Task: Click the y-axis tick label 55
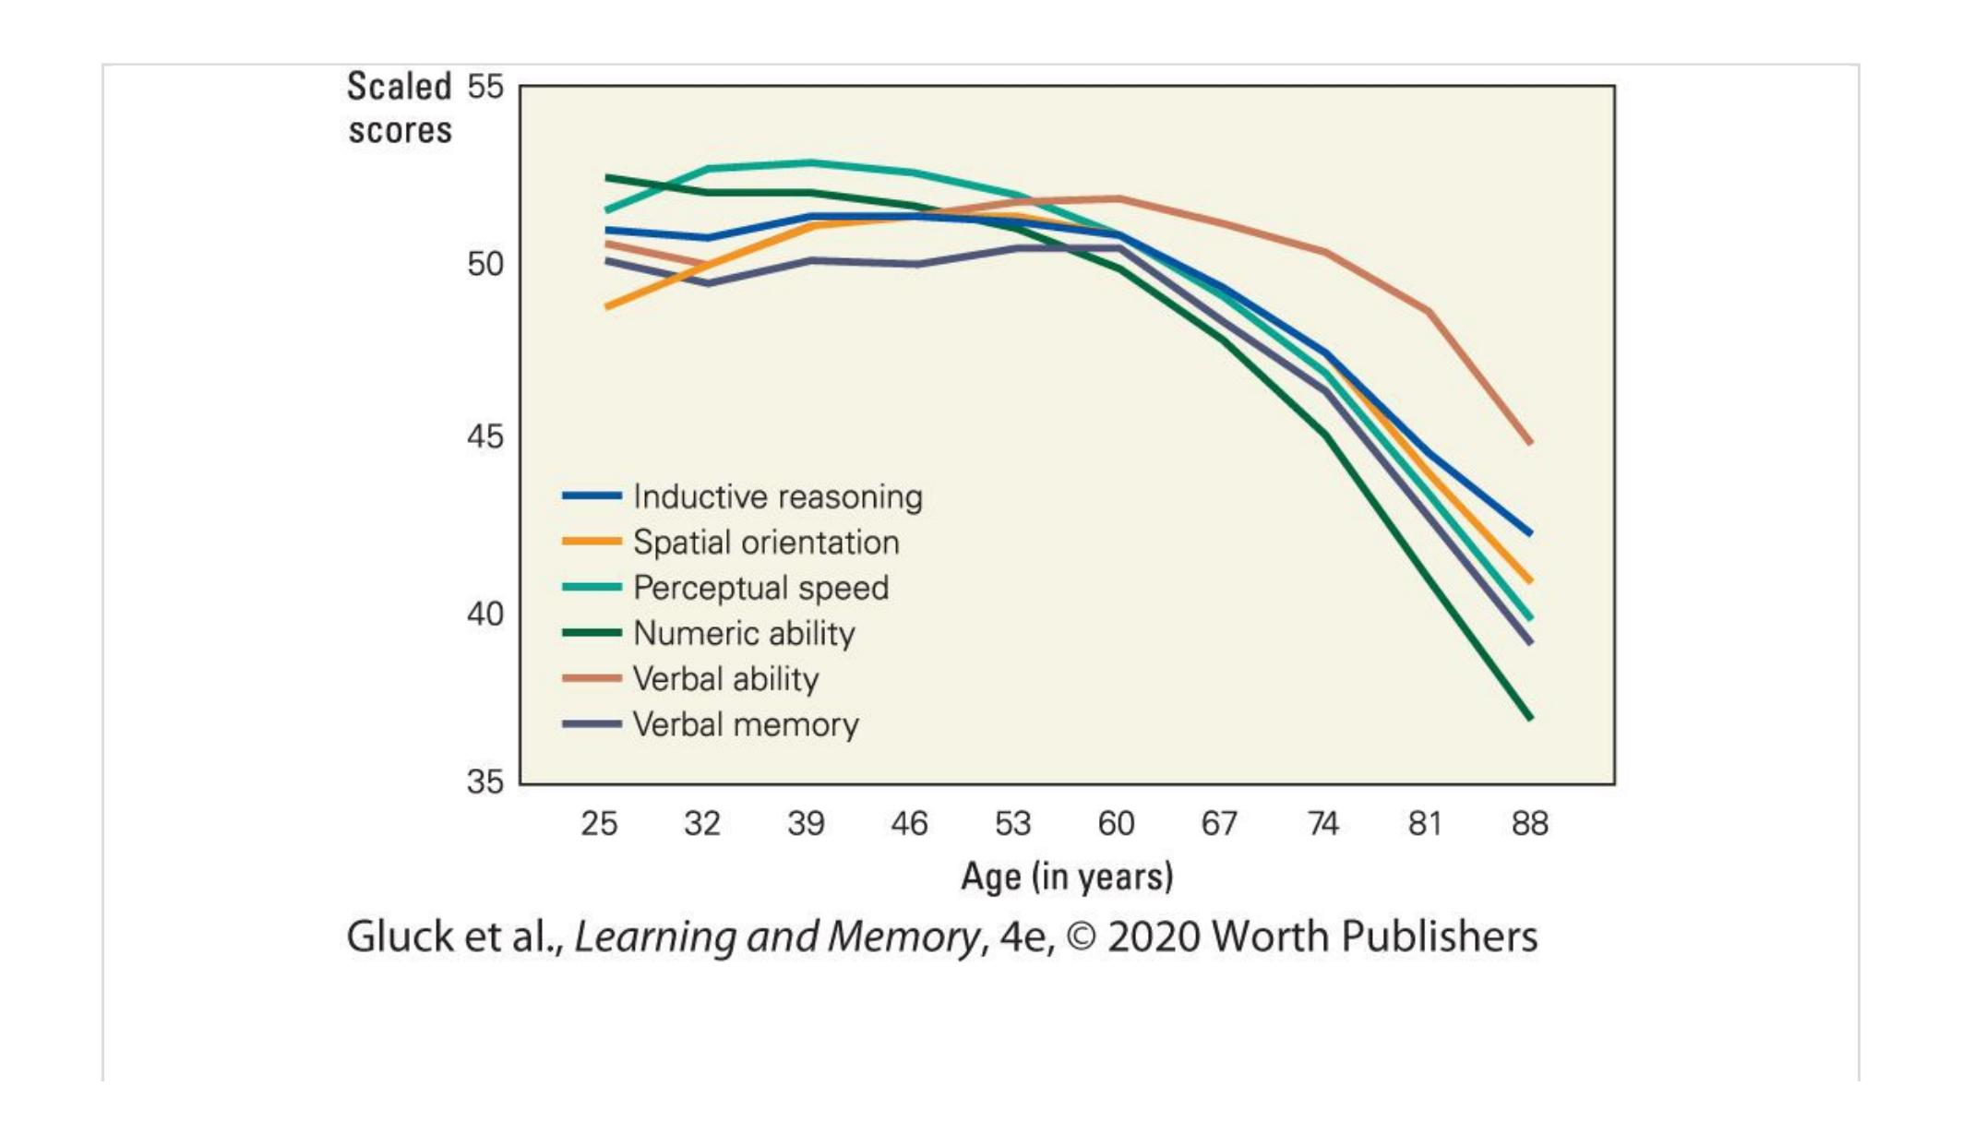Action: pyautogui.click(x=485, y=87)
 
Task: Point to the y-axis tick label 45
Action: pyautogui.click(x=485, y=436)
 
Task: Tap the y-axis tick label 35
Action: pyautogui.click(x=485, y=782)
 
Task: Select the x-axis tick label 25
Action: pyautogui.click(x=599, y=823)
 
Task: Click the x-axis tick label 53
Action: pyautogui.click(x=1012, y=823)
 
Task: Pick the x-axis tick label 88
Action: pyautogui.click(x=1529, y=823)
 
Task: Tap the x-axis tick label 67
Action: pyautogui.click(x=1219, y=823)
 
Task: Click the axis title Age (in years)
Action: pyautogui.click(x=1067, y=876)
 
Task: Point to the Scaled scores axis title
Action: pyautogui.click(x=399, y=109)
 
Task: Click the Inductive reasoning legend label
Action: pyautogui.click(x=777, y=496)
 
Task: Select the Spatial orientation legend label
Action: pyautogui.click(x=766, y=542)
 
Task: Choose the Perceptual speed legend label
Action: pyautogui.click(x=760, y=588)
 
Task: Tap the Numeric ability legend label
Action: pyautogui.click(x=744, y=633)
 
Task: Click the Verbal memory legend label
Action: pyautogui.click(x=746, y=724)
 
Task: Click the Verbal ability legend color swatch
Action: pyautogui.click(x=592, y=678)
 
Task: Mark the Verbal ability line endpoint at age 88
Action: pyautogui.click(x=1530, y=443)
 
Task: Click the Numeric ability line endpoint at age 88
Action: pyautogui.click(x=1530, y=717)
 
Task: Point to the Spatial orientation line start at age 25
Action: pyautogui.click(x=607, y=306)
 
